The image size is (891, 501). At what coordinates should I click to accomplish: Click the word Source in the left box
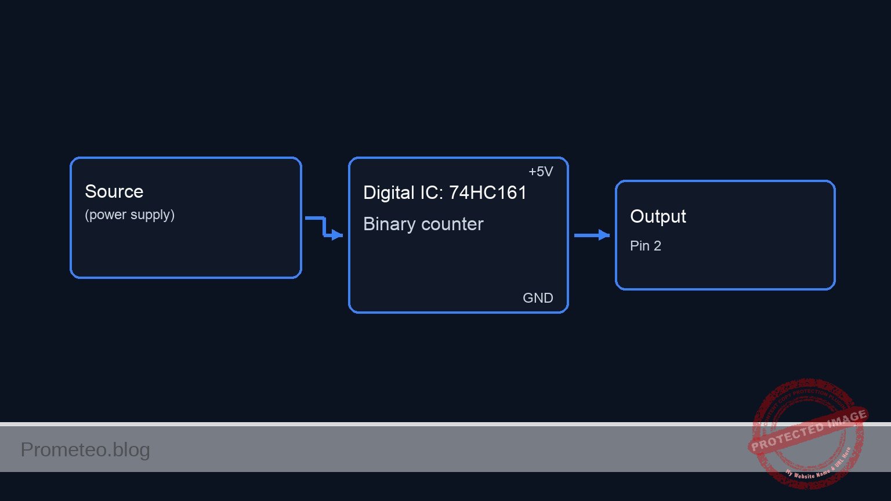pos(114,191)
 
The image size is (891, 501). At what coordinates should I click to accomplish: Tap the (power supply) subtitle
pos(129,215)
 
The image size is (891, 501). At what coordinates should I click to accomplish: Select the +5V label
pos(541,172)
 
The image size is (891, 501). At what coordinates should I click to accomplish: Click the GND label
pos(538,298)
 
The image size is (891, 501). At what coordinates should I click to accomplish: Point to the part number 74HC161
pos(487,193)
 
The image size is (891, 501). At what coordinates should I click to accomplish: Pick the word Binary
pos(388,224)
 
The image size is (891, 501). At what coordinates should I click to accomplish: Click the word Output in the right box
pos(658,216)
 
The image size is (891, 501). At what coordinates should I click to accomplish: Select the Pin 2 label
pos(645,246)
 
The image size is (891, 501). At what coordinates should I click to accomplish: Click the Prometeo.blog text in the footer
pos(85,449)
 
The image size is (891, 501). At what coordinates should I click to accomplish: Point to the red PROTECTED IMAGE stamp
pos(807,430)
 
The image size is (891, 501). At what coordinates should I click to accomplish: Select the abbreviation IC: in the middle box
pos(431,193)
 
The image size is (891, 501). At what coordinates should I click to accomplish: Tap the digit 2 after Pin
pos(657,246)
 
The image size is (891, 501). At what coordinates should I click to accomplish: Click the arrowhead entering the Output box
pos(604,235)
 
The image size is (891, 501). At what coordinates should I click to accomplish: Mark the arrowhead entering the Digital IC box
pos(338,235)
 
